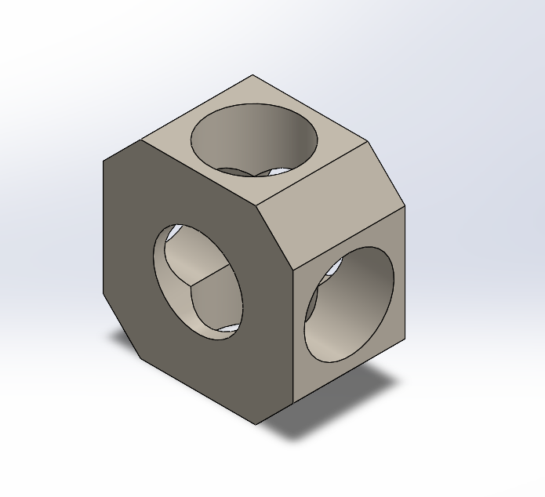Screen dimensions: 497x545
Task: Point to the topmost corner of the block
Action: pos(253,75)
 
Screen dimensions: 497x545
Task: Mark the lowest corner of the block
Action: pos(256,425)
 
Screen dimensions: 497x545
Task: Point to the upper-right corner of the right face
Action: pos(406,209)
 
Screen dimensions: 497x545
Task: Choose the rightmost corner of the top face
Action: pos(368,142)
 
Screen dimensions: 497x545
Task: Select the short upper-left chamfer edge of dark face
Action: pos(122,151)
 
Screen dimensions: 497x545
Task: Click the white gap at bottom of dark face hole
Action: pos(227,328)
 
